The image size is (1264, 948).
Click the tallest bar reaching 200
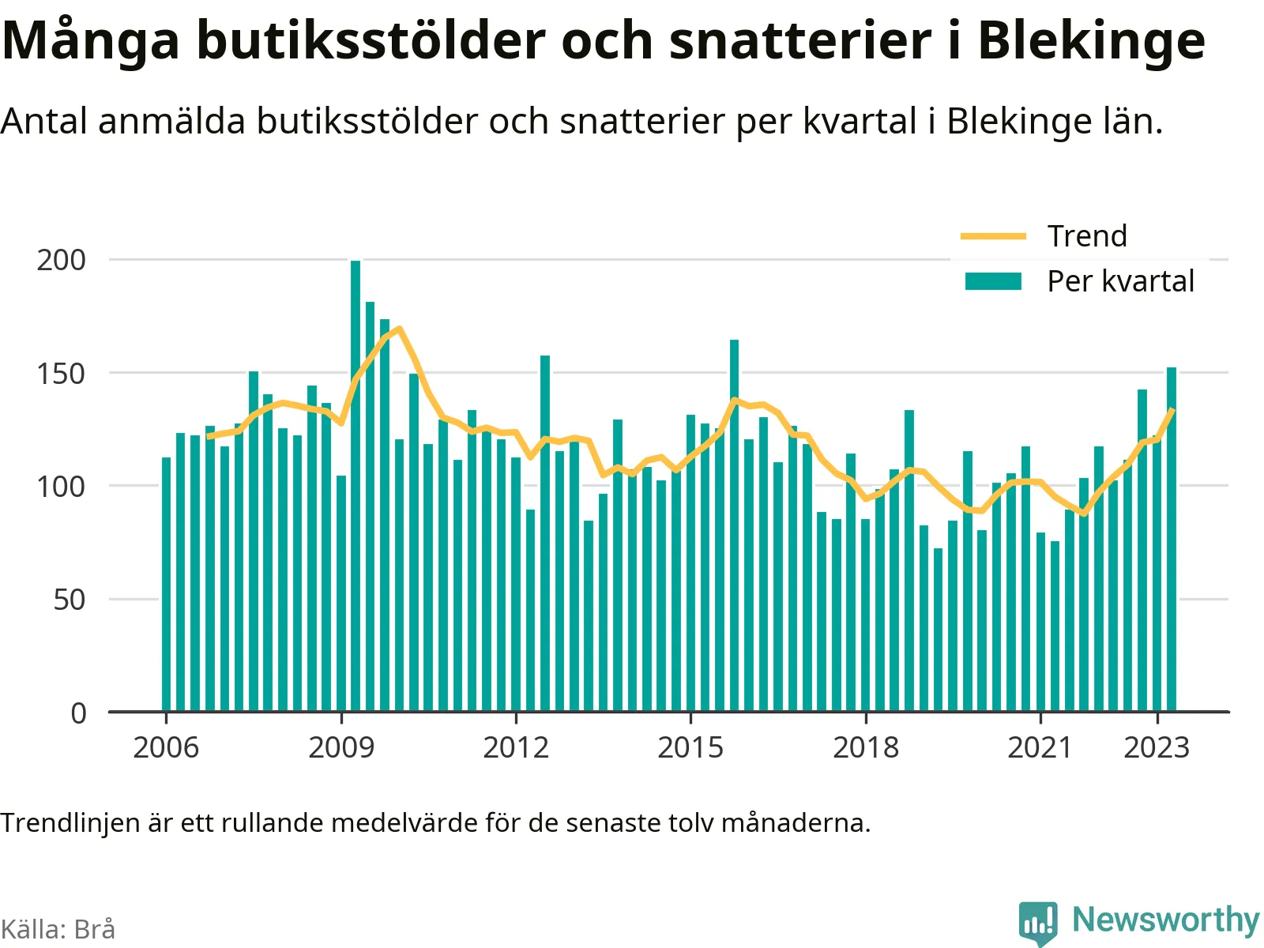click(x=355, y=486)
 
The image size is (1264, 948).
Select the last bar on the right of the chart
click(x=1172, y=540)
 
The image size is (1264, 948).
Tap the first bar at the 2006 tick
click(x=167, y=585)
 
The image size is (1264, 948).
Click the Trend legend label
click(x=1087, y=236)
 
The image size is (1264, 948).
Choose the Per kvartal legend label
click(x=1120, y=281)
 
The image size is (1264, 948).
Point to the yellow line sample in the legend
click(x=993, y=236)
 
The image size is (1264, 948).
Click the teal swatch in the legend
click(x=993, y=281)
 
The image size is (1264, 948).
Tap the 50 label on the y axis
click(x=69, y=600)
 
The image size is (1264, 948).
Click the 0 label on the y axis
click(x=78, y=713)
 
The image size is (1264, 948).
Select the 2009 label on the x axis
click(x=341, y=747)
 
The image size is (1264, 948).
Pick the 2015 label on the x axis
click(x=690, y=747)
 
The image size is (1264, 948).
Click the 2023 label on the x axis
click(x=1157, y=747)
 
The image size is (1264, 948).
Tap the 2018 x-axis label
click(x=866, y=747)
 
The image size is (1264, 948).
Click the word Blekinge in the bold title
click(x=1092, y=41)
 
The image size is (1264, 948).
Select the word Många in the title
click(x=90, y=41)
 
